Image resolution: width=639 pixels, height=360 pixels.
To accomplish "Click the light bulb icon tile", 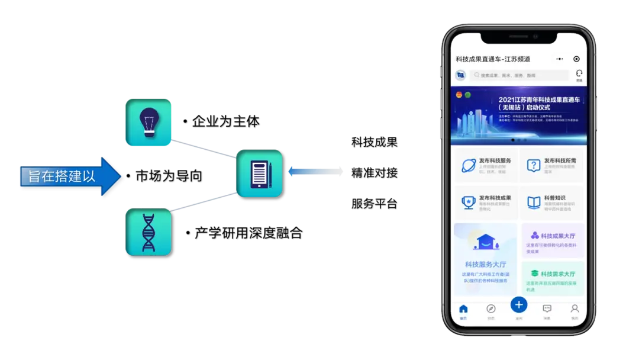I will [x=148, y=122].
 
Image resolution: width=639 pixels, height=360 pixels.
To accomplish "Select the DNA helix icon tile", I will [x=148, y=232].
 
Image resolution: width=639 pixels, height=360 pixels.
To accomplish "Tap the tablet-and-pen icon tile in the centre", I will [x=259, y=173].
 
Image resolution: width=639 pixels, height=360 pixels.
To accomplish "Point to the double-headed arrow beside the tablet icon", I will [x=316, y=172].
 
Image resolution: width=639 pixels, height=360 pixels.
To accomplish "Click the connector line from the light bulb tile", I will [x=204, y=149].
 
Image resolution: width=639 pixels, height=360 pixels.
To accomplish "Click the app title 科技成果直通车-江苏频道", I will [x=493, y=59].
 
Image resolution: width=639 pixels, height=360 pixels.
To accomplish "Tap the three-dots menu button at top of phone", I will [x=559, y=59].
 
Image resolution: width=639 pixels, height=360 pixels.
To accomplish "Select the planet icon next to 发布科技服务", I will [x=469, y=165].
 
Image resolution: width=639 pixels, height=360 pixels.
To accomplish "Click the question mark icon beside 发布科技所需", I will [x=534, y=165].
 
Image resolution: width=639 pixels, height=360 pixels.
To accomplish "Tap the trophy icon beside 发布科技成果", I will [x=469, y=202].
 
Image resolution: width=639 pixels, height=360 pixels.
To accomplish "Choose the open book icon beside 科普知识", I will [x=534, y=202].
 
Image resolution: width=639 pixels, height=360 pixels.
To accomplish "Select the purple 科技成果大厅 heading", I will [x=553, y=236].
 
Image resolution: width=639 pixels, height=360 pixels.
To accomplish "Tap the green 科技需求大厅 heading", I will [x=553, y=274].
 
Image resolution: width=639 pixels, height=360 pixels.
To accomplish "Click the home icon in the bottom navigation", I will [x=463, y=309].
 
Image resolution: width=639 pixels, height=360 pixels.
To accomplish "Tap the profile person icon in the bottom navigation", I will [x=574, y=309].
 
